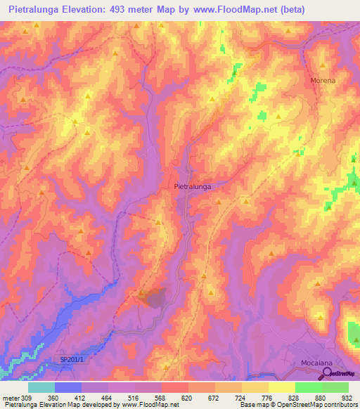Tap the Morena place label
323,81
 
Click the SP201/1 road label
71,360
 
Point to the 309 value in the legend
26,397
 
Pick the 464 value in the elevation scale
108,397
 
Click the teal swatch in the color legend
41,387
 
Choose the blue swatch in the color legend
68,387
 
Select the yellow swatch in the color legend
281,387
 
